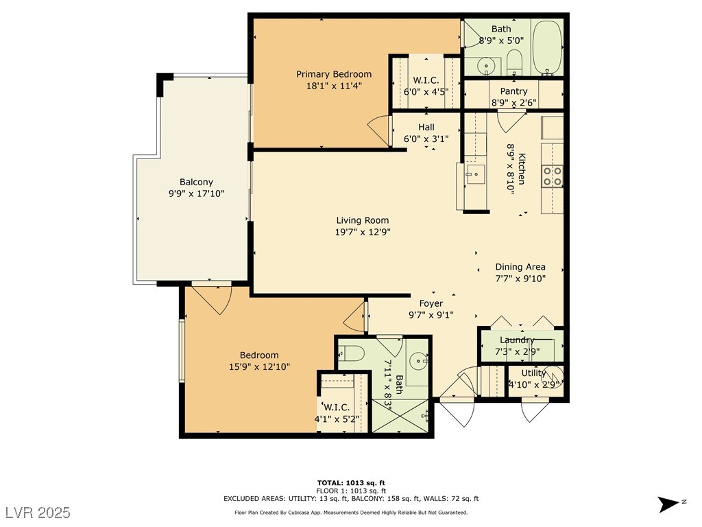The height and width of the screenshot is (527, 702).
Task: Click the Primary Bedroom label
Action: coord(334,74)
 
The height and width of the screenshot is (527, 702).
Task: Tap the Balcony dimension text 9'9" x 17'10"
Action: coord(196,194)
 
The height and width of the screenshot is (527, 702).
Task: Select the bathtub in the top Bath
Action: coord(548,47)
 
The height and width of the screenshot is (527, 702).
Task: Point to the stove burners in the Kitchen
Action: coord(552,176)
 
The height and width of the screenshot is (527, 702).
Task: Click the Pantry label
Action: coord(513,91)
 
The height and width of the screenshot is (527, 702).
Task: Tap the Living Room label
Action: coord(362,220)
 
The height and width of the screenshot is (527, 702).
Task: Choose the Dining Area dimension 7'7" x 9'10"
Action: coord(520,279)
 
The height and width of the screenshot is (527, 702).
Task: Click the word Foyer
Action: coord(431,303)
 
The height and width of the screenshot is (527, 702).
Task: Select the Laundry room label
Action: coord(517,340)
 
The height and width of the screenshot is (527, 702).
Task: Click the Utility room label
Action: coord(533,373)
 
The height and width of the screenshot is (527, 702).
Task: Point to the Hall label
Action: coord(426,127)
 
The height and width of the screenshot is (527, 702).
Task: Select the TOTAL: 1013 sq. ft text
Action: coord(351,483)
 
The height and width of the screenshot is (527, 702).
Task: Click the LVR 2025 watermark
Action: coord(38,513)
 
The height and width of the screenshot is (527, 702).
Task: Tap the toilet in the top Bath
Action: coord(514,62)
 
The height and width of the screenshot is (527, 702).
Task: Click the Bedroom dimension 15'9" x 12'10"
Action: coord(259,366)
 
